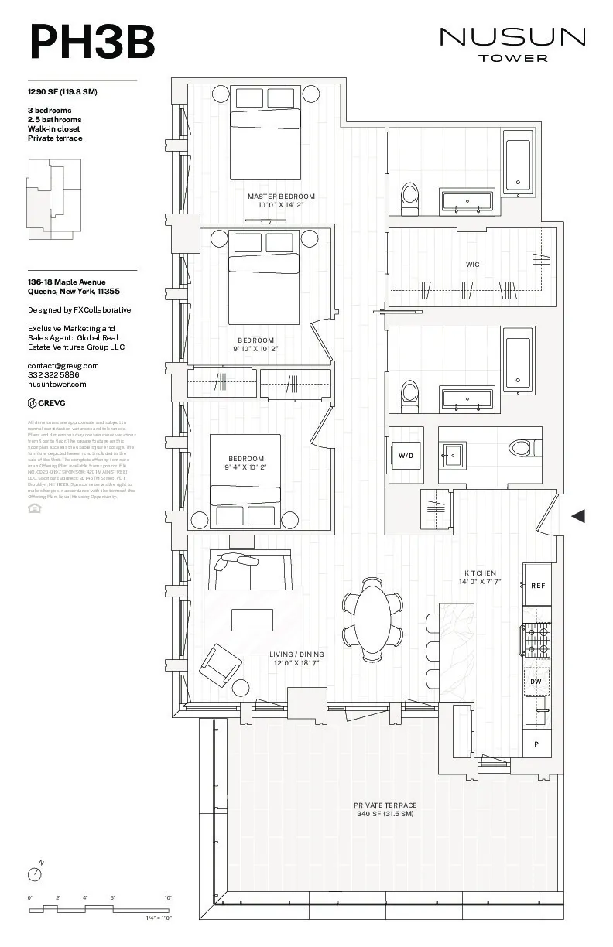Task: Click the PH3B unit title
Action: pos(92,42)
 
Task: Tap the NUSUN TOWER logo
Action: pos(512,43)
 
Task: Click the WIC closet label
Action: pos(472,265)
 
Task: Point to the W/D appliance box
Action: pos(406,456)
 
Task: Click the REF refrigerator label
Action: pos(537,586)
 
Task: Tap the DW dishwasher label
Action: pos(536,681)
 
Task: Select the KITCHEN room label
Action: pos(480,573)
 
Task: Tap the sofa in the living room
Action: pos(249,570)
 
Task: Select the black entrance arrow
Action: pos(577,516)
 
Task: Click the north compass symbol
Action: pos(35,873)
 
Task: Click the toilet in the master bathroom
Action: pos(409,198)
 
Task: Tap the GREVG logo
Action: pos(47,402)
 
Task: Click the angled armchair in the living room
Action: pos(220,664)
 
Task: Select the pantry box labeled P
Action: pos(536,744)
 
